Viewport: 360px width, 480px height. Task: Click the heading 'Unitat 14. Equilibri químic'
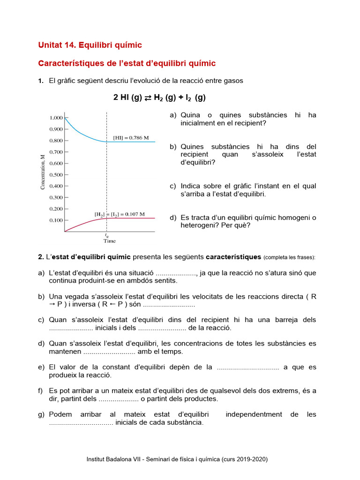click(x=90, y=45)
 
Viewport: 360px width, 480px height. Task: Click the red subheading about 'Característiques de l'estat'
click(x=127, y=63)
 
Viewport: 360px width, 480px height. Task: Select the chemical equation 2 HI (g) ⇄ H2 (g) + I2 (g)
click(x=159, y=97)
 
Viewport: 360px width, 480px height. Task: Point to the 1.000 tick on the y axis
click(x=56, y=118)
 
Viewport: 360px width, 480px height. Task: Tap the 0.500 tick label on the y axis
click(x=56, y=175)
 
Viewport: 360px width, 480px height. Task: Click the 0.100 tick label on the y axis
click(x=56, y=220)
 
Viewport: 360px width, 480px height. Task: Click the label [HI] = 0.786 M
click(x=131, y=138)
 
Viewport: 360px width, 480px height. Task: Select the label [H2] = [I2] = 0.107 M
click(x=120, y=214)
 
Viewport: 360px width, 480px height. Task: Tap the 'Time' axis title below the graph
click(x=109, y=241)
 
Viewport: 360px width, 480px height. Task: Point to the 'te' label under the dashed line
click(x=107, y=235)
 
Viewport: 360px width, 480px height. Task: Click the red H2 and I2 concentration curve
click(x=84, y=222)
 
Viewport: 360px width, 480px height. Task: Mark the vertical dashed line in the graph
click(x=107, y=178)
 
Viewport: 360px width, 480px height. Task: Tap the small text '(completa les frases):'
click(x=290, y=257)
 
